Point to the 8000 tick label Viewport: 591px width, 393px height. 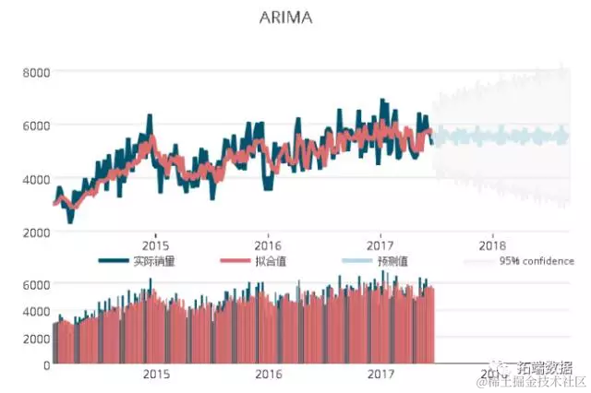(x=36, y=71)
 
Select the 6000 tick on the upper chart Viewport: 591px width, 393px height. (x=36, y=125)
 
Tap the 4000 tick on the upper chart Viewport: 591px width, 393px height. (x=36, y=178)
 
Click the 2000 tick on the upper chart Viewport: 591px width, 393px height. (x=36, y=232)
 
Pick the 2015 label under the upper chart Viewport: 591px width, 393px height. (x=154, y=245)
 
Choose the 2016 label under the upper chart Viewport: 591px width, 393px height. (x=267, y=245)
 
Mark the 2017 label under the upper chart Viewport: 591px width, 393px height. (x=380, y=245)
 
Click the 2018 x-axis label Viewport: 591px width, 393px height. (x=493, y=245)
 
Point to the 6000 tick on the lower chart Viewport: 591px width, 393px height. (x=36, y=285)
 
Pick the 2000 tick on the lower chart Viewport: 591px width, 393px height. (x=36, y=339)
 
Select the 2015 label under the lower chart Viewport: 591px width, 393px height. (x=156, y=375)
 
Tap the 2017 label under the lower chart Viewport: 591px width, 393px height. (x=380, y=375)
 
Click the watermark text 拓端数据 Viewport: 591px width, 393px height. (x=545, y=365)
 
